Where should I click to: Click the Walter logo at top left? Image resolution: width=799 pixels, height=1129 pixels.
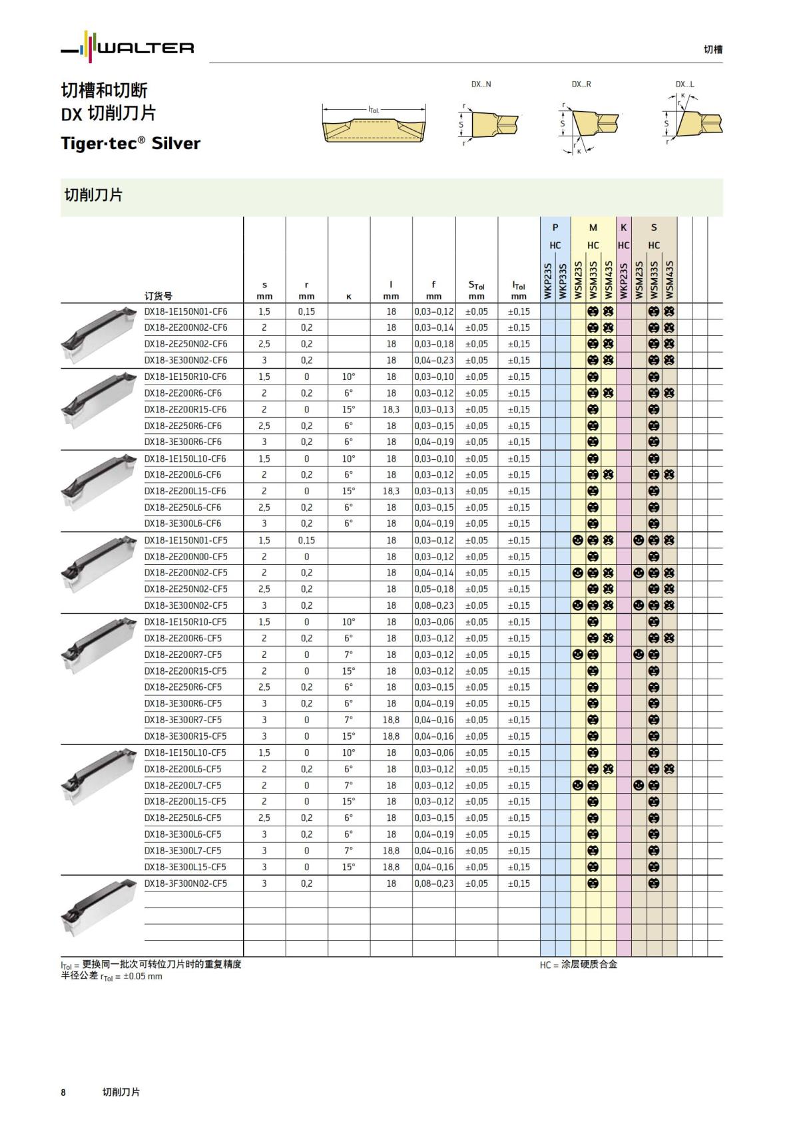pyautogui.click(x=127, y=47)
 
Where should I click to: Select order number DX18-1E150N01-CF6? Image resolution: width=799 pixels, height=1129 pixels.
pyautogui.click(x=186, y=311)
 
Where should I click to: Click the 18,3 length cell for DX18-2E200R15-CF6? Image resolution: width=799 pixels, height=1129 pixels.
pyautogui.click(x=391, y=409)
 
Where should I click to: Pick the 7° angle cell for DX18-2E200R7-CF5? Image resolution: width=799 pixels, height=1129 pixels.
pyautogui.click(x=348, y=654)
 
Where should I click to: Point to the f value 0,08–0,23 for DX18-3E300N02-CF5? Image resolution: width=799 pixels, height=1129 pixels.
pyautogui.click(x=434, y=605)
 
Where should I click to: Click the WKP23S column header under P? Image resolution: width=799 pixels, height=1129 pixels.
pyautogui.click(x=548, y=280)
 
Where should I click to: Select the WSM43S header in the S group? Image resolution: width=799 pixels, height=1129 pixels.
pyautogui.click(x=669, y=279)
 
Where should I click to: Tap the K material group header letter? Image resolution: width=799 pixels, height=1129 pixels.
pyautogui.click(x=623, y=228)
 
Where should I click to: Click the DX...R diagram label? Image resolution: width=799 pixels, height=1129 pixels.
pyautogui.click(x=581, y=84)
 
